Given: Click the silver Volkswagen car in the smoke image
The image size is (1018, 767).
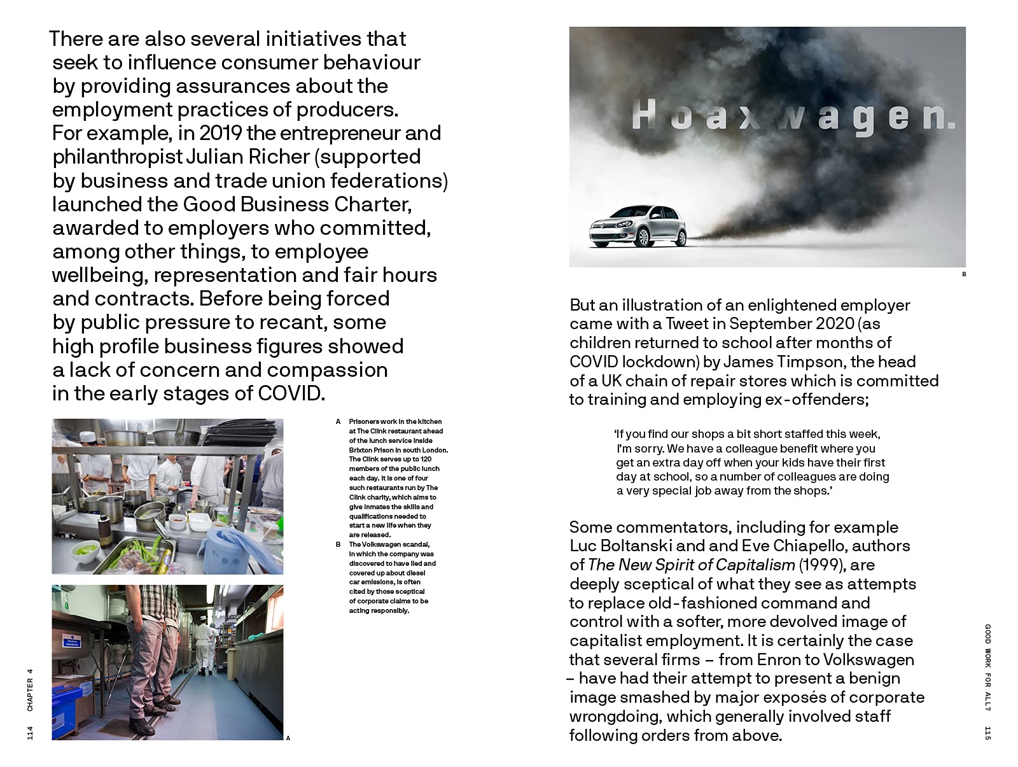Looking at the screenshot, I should (638, 227).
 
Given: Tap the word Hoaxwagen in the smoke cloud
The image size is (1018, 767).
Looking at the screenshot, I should (793, 117).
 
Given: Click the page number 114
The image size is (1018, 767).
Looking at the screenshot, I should (30, 733).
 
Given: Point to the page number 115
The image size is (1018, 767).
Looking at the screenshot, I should (987, 733).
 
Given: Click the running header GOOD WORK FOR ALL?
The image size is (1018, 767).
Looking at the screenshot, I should (987, 667).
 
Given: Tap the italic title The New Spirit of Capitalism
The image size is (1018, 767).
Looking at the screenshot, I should (691, 565).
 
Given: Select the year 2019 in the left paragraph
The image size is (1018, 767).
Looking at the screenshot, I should (220, 133).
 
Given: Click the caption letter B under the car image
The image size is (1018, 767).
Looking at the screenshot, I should (964, 274).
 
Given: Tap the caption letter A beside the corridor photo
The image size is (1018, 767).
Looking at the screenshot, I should (288, 738).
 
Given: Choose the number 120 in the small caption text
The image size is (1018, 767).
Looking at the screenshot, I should (425, 459).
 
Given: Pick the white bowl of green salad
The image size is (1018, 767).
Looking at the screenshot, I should (87, 548).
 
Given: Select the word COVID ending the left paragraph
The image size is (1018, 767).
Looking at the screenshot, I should (291, 393).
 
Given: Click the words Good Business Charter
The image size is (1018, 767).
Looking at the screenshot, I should (297, 204).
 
